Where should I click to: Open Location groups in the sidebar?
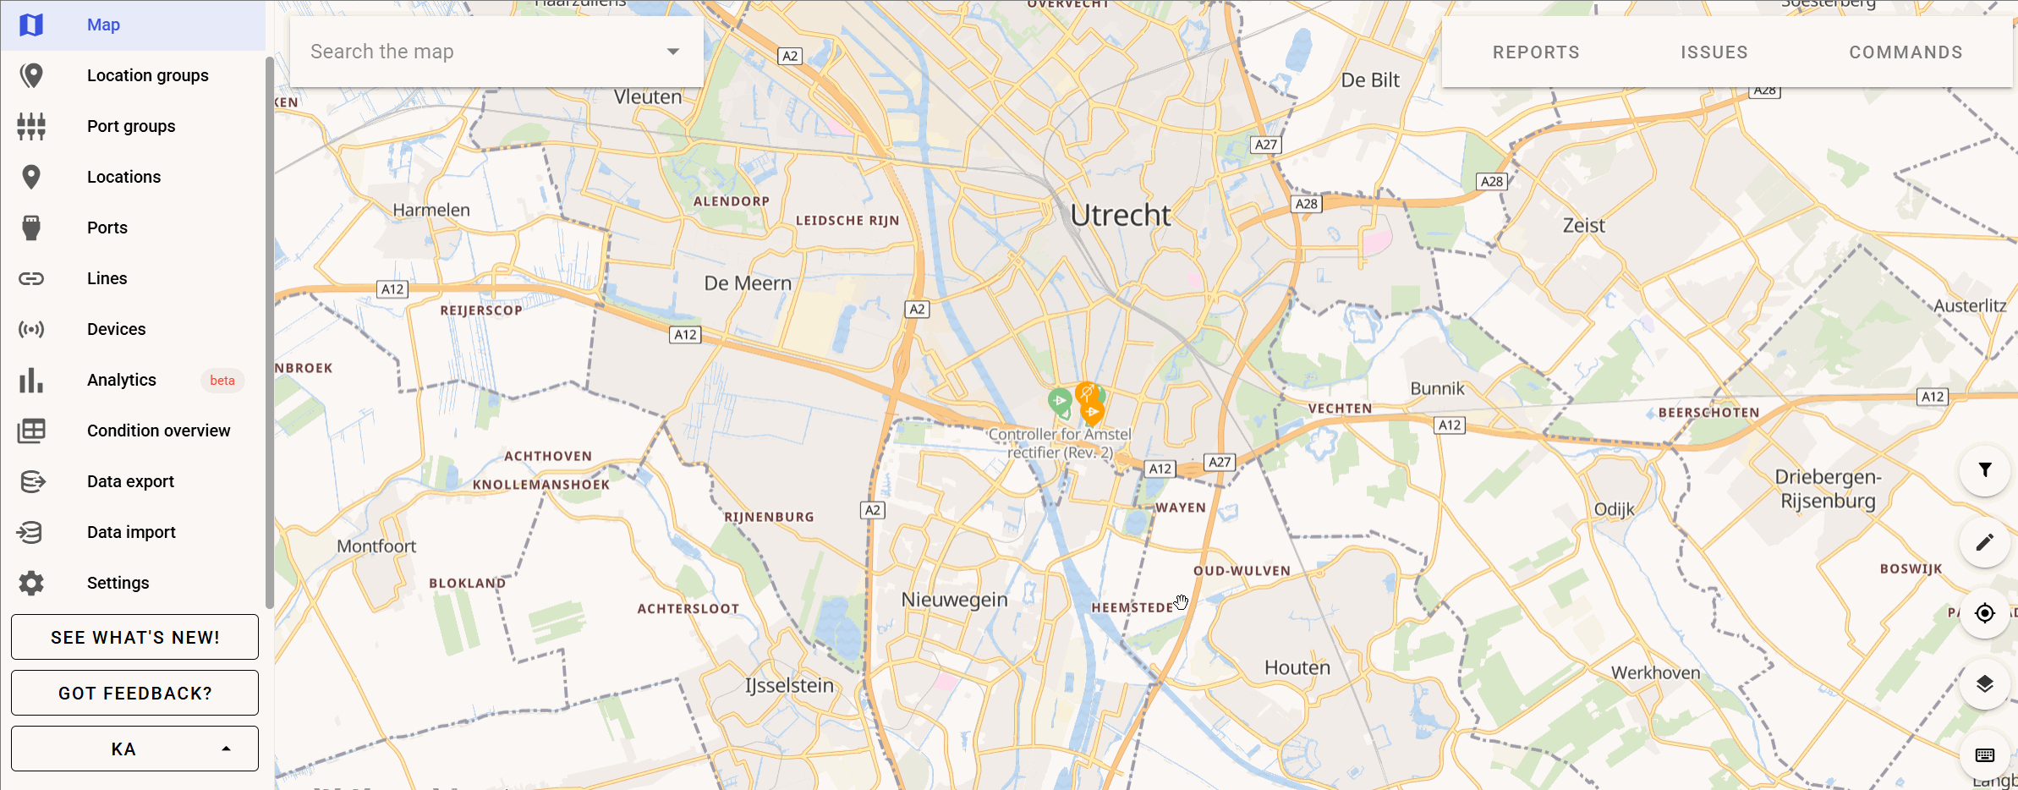coord(147,75)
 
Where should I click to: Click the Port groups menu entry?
coord(131,126)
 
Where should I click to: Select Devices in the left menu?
coord(116,329)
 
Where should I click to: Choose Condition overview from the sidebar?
coord(158,431)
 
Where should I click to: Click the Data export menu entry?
coord(130,481)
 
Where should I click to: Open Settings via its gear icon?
coord(31,583)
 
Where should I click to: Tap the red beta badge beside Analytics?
coord(222,381)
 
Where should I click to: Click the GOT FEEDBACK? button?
coord(134,693)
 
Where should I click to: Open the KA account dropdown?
coord(134,749)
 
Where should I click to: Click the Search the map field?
coord(482,52)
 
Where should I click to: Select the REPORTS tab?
coord(1536,52)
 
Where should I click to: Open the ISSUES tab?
coord(1714,52)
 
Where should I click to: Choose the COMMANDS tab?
coord(1906,52)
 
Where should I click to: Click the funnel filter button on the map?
coord(1984,470)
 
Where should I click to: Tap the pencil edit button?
coord(1984,542)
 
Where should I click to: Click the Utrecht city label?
coord(1120,216)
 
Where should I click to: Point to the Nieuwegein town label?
coord(954,600)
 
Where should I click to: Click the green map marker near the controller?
coord(1060,400)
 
